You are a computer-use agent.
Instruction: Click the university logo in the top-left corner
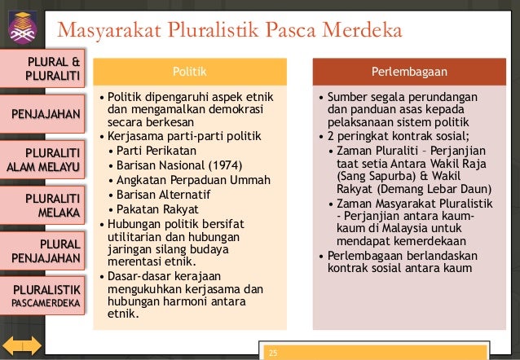pos(23,23)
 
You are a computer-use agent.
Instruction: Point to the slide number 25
pos(273,353)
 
